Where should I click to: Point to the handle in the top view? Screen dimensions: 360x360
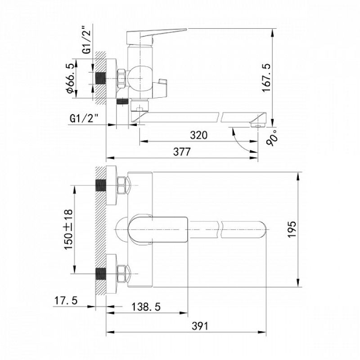[157, 229]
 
